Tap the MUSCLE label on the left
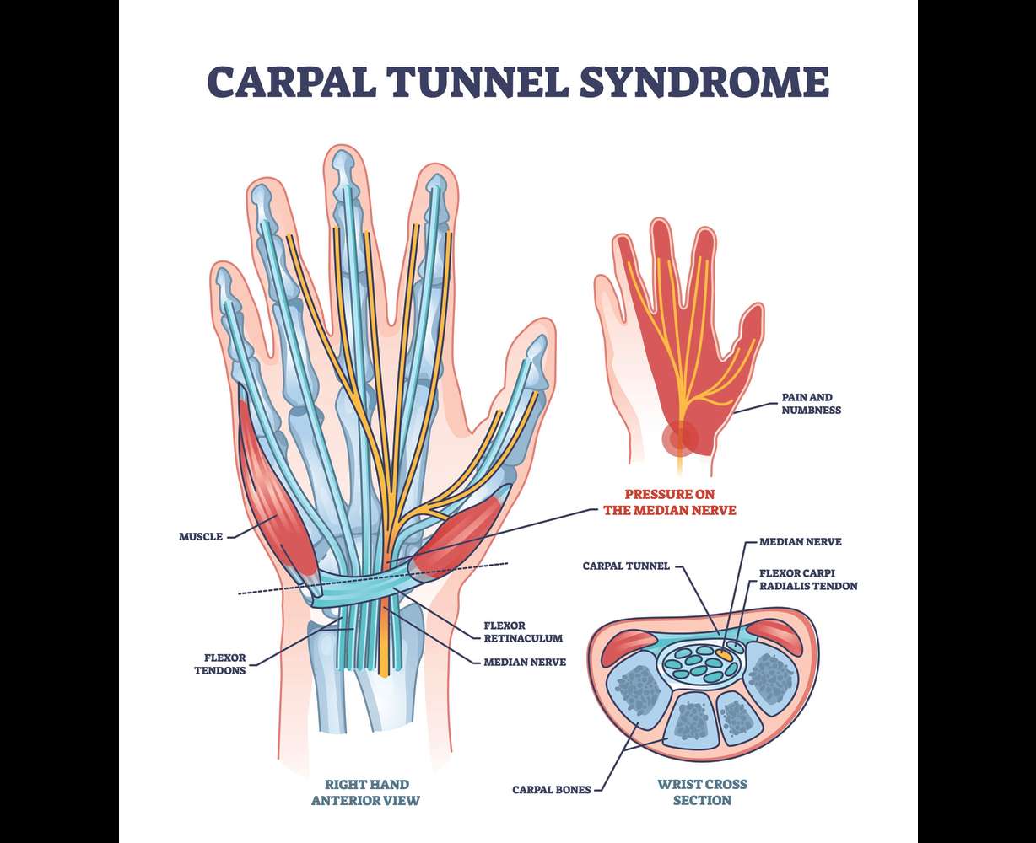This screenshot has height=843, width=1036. (201, 536)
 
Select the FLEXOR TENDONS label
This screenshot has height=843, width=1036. (224, 664)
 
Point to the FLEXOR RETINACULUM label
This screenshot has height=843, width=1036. (516, 632)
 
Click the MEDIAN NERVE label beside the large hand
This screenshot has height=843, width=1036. (524, 663)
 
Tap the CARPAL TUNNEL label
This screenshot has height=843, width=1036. (625, 566)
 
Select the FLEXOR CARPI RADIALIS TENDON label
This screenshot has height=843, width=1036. (808, 579)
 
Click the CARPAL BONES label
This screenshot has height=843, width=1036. (551, 790)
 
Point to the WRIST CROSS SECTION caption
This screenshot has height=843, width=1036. (702, 792)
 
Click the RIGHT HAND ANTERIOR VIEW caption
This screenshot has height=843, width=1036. (364, 792)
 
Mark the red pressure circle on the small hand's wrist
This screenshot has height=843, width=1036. (679, 437)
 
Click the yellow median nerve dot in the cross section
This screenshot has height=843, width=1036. (725, 652)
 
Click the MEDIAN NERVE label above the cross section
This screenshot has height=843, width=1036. (800, 542)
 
